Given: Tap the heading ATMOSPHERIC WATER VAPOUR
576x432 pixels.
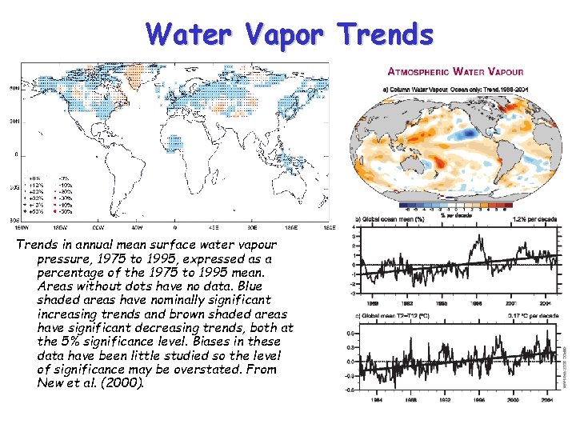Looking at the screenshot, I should click(458, 70).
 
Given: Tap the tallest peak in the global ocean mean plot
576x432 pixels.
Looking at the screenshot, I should click(478, 239).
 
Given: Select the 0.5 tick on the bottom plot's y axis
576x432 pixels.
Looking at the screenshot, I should click(351, 333).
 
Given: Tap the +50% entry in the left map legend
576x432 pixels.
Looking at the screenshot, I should click(35, 213).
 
